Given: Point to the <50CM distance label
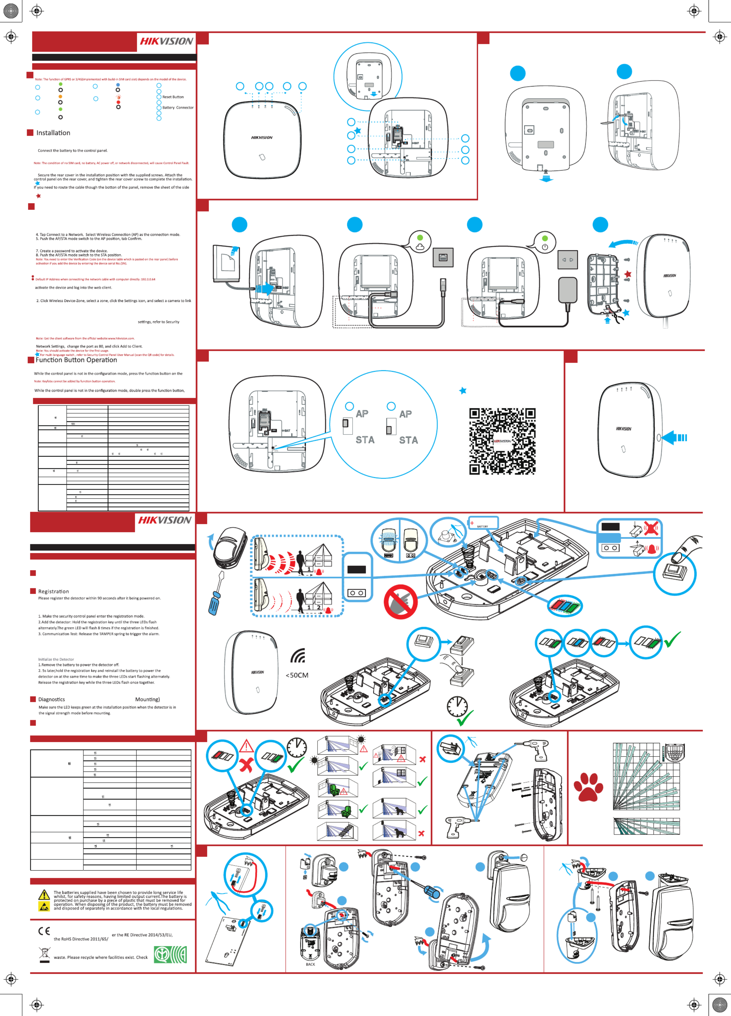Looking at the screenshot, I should coord(297,675).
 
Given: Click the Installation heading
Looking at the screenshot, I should coord(53,133).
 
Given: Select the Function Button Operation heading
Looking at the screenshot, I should coord(76,360).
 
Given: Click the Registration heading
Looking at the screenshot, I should coord(53,591).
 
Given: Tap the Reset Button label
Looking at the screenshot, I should coord(173,97).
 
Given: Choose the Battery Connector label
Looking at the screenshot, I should coord(178,108).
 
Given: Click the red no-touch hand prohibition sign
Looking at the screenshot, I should coord(401,601).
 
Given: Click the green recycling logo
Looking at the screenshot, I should coord(170,954).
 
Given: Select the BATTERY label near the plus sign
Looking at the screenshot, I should coord(482,526).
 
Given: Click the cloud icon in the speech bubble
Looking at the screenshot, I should coord(420,247).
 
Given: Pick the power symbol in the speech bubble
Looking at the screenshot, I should coord(545,247).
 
